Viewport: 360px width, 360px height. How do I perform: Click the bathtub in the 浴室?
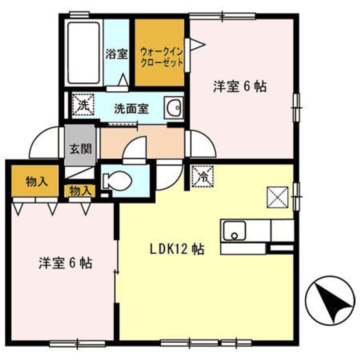click(83, 52)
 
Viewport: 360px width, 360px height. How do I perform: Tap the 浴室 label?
click(116, 54)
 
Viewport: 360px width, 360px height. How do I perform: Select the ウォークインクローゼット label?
click(162, 57)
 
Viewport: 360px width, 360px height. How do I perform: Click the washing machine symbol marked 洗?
click(83, 104)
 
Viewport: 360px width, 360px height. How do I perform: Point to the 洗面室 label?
click(131, 108)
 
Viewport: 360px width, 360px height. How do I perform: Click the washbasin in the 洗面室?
click(174, 107)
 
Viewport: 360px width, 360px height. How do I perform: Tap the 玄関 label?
click(81, 149)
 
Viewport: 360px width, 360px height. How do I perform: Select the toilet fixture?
click(117, 180)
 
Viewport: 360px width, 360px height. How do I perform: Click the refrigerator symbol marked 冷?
click(202, 176)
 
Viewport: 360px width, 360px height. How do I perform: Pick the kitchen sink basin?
click(234, 230)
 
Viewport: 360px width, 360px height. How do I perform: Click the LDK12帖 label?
click(177, 249)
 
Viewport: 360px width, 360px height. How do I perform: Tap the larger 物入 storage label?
click(37, 181)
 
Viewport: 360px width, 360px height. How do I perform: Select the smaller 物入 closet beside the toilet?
click(79, 191)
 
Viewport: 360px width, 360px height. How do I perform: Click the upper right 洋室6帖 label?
click(239, 86)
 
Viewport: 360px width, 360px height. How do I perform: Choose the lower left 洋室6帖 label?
click(65, 263)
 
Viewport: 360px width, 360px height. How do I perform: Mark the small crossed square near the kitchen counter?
click(277, 197)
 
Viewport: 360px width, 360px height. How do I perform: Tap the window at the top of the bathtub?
click(79, 14)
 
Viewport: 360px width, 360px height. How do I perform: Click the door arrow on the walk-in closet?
click(197, 44)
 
